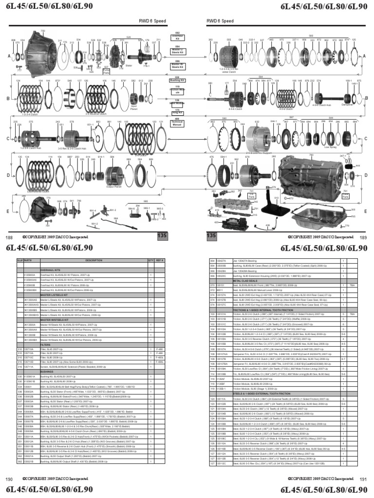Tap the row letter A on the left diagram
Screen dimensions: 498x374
click(x=9, y=57)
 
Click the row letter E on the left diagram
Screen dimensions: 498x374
click(x=9, y=212)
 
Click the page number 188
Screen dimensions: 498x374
click(x=9, y=237)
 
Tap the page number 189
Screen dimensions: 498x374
click(x=363, y=237)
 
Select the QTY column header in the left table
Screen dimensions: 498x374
click(x=150, y=261)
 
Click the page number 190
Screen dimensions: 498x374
click(x=9, y=480)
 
